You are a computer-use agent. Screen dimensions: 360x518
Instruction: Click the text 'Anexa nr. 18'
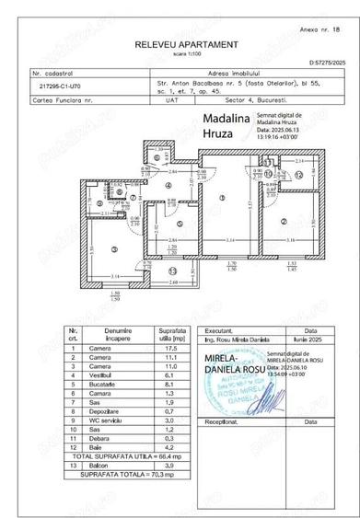point(319,30)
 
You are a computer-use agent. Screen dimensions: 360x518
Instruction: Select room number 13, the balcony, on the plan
point(173,271)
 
